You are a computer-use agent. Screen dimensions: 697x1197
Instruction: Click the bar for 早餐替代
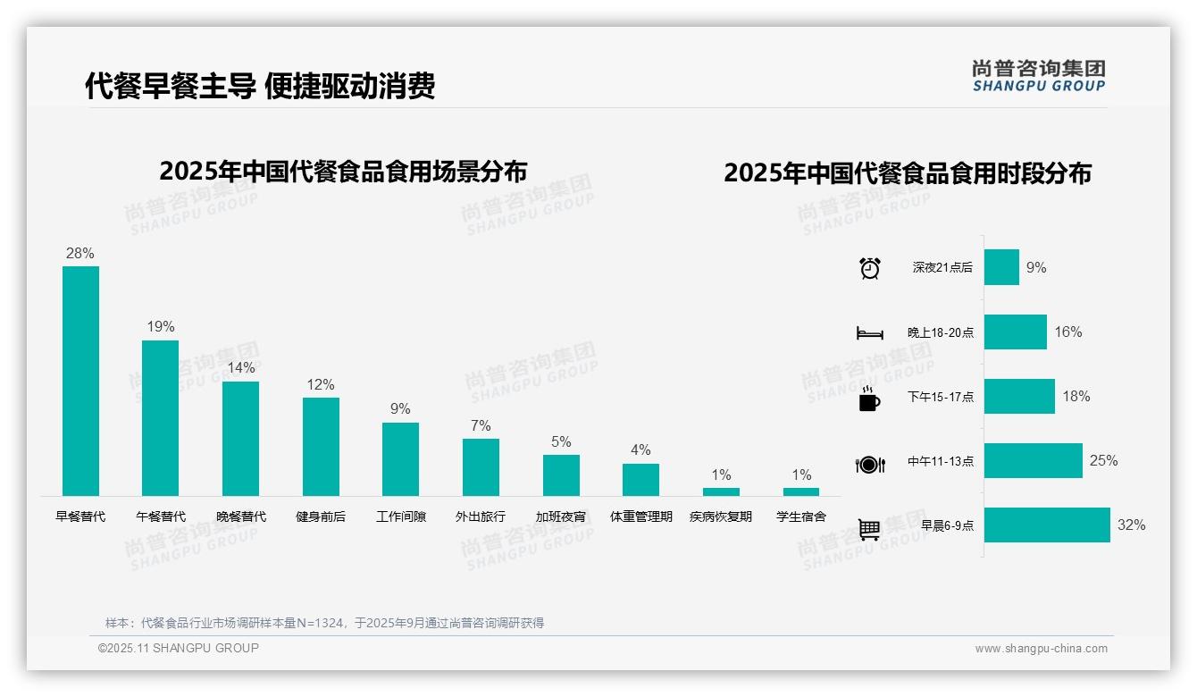[80, 381]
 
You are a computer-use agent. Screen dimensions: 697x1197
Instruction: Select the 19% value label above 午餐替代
[161, 327]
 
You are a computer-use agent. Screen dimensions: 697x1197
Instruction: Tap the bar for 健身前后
[321, 447]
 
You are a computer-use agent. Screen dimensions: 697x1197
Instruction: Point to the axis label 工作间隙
[401, 516]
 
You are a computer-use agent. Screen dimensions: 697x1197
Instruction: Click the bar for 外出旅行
[481, 467]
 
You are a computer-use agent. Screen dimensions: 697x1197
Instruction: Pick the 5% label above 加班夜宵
[561, 442]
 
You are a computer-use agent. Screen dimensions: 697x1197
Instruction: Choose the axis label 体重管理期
[640, 516]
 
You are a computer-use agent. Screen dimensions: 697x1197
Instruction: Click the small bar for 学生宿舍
[801, 491]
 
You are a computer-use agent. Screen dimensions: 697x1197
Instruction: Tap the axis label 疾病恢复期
[721, 516]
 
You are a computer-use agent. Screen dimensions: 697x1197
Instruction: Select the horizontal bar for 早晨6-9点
[1047, 525]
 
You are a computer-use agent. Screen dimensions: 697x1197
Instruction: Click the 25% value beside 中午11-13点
[1103, 461]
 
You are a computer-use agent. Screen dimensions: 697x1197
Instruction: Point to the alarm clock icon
[870, 268]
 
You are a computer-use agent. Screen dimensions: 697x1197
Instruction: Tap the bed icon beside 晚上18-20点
[870, 333]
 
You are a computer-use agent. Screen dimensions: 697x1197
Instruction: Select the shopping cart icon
[869, 529]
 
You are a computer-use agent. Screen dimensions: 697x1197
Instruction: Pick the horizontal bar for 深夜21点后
[1001, 267]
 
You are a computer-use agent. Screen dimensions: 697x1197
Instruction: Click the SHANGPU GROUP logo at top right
[1038, 76]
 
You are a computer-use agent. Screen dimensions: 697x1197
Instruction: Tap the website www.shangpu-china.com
[1041, 649]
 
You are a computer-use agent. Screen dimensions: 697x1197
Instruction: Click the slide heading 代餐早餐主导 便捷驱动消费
[260, 87]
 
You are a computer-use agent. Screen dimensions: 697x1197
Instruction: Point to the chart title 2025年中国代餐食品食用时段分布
[908, 173]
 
